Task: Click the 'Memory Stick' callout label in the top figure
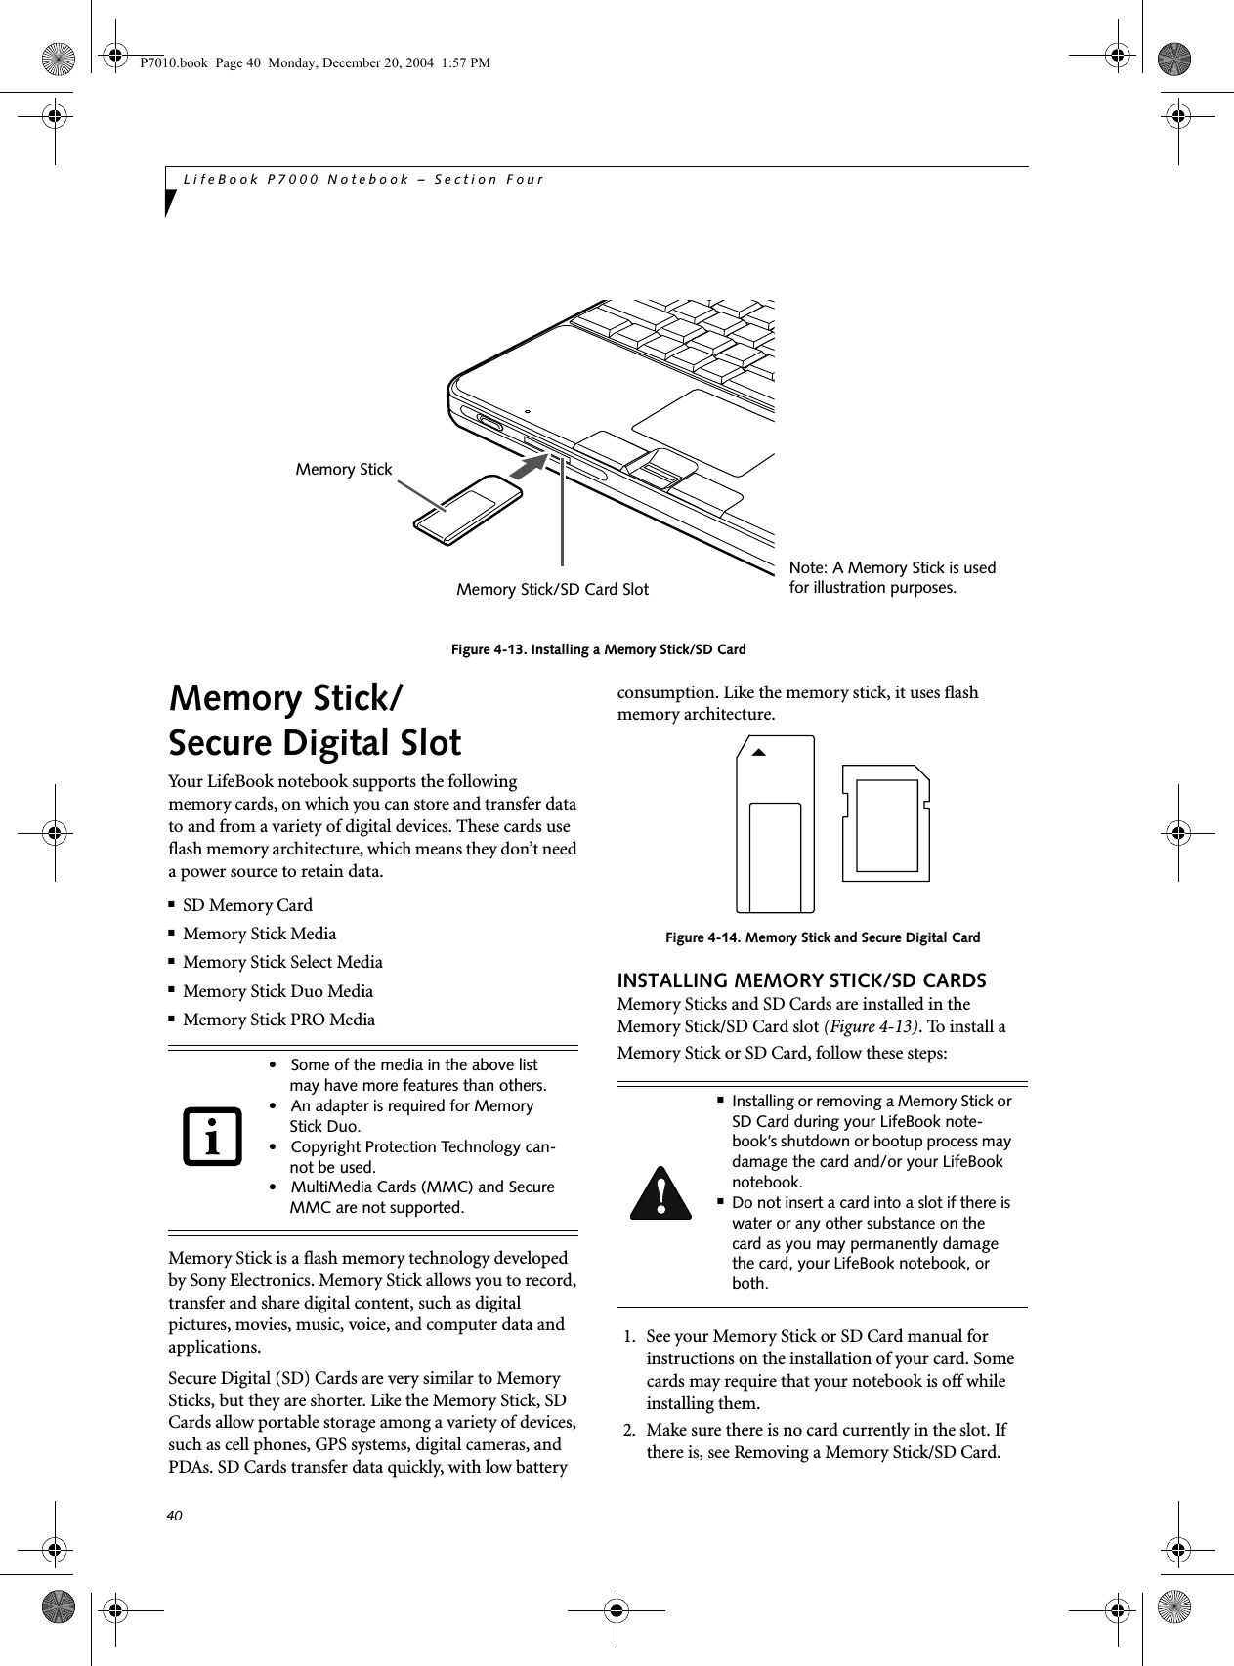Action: tap(343, 470)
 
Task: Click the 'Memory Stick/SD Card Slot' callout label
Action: tap(552, 590)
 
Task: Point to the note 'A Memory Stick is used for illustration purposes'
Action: tap(891, 578)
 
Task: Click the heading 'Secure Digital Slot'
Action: tap(315, 743)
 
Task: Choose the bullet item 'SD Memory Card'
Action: tap(247, 905)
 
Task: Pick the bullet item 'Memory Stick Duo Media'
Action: tap(277, 991)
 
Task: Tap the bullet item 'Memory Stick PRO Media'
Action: tap(278, 1020)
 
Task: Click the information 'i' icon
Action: tap(212, 1138)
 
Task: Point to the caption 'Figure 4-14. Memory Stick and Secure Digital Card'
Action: tap(822, 938)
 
